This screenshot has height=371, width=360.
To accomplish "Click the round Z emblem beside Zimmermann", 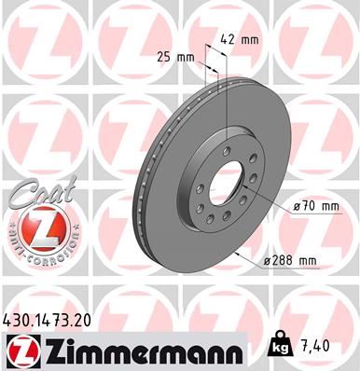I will click(21, 350).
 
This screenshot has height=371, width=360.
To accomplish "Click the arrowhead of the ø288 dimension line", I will click(242, 254).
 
